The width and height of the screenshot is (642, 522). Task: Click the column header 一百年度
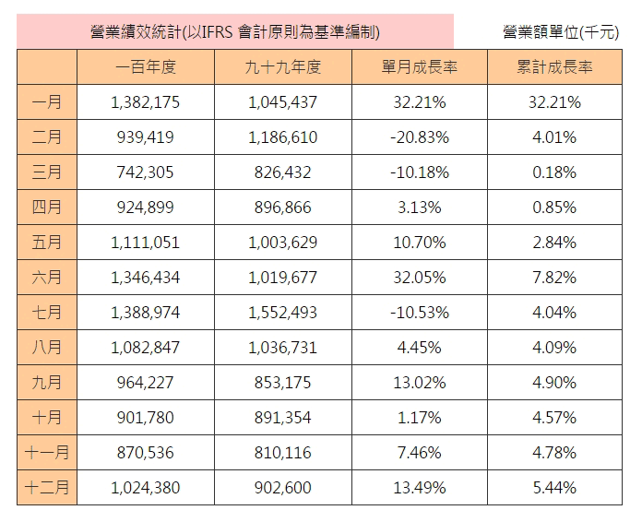[x=146, y=67]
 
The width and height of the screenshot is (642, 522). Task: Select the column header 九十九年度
[x=284, y=67]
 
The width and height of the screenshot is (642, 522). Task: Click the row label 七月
[x=47, y=313]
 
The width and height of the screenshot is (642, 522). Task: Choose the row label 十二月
[x=47, y=488]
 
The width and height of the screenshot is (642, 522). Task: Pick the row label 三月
[x=47, y=172]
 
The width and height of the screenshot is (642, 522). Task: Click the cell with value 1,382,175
[x=146, y=102]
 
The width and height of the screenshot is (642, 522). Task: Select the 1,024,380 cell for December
[x=146, y=488]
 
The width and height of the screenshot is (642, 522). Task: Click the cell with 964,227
[x=146, y=383]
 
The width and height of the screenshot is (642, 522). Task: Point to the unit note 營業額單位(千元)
[x=561, y=32]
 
